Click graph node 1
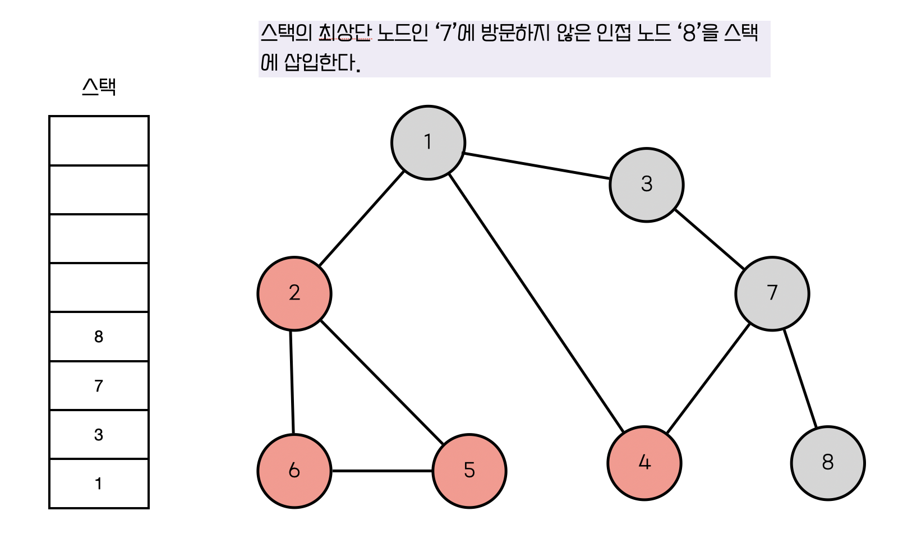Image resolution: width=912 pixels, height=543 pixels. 428,142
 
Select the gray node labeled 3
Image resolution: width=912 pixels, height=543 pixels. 646,185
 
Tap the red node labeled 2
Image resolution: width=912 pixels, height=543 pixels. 294,293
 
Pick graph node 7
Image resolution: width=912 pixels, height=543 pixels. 772,293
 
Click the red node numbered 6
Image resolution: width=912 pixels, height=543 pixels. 294,471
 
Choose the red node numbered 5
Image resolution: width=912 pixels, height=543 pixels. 469,471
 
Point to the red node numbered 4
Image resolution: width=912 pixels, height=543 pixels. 644,463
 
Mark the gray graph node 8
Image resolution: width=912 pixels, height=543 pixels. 827,463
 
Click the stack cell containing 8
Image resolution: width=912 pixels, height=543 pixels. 99,337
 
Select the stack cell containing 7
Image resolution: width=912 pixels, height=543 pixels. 99,386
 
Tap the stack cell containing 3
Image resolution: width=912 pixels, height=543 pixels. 99,435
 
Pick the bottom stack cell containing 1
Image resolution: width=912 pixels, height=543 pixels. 99,484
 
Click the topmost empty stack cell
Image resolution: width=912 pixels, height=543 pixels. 99,141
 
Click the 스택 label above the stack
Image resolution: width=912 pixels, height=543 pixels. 99,87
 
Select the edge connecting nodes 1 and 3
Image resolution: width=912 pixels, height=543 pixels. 537,166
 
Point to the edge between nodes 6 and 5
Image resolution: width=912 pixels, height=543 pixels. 382,471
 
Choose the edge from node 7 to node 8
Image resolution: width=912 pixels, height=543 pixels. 800,379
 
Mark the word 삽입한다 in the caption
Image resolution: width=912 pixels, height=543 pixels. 320,62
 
